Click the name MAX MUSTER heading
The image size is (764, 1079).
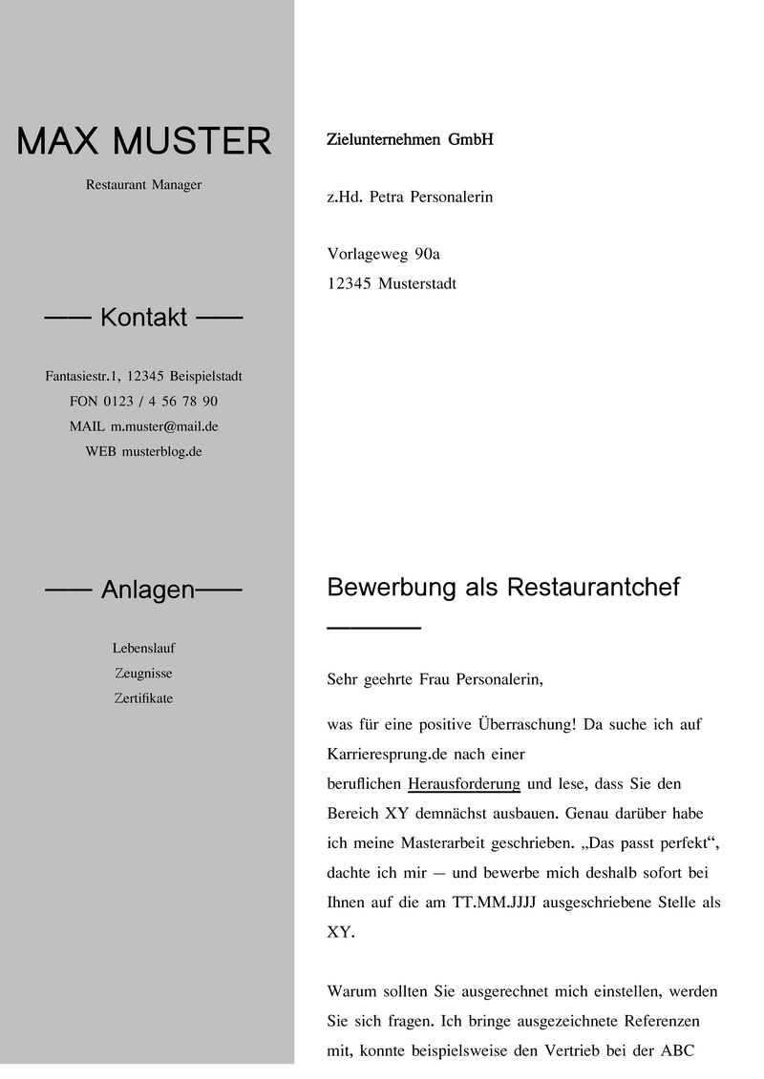pyautogui.click(x=144, y=141)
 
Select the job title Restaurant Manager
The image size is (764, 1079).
pyautogui.click(x=144, y=185)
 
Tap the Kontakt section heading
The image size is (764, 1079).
pyautogui.click(x=144, y=318)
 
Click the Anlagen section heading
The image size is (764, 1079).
pyautogui.click(x=147, y=591)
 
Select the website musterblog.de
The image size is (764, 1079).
pyautogui.click(x=161, y=451)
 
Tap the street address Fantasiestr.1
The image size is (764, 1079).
pyautogui.click(x=81, y=377)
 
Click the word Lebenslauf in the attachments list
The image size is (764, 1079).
pyautogui.click(x=144, y=649)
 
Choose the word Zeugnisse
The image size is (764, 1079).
pyautogui.click(x=143, y=674)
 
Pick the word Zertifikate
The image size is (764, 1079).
pyautogui.click(x=143, y=698)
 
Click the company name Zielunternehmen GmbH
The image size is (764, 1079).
pyautogui.click(x=410, y=140)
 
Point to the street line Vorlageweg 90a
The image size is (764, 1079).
pyautogui.click(x=383, y=254)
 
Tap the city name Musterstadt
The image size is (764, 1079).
pyautogui.click(x=417, y=283)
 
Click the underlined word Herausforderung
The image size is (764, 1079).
pyautogui.click(x=463, y=784)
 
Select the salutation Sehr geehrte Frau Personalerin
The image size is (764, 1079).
pyautogui.click(x=435, y=680)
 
